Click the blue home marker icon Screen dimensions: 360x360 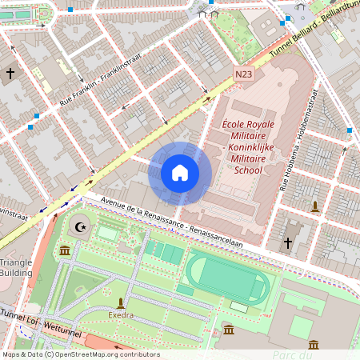tap(180, 173)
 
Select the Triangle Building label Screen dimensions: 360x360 tap(16, 267)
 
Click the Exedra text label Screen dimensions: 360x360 tap(121, 315)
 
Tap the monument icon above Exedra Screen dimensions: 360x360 tap(121, 302)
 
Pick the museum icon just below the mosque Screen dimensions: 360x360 tap(64, 251)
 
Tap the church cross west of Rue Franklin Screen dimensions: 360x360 tap(10, 74)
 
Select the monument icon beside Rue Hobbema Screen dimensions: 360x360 tap(315, 206)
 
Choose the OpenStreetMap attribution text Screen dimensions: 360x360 tap(80, 354)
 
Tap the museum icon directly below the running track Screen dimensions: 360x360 tap(229, 330)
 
